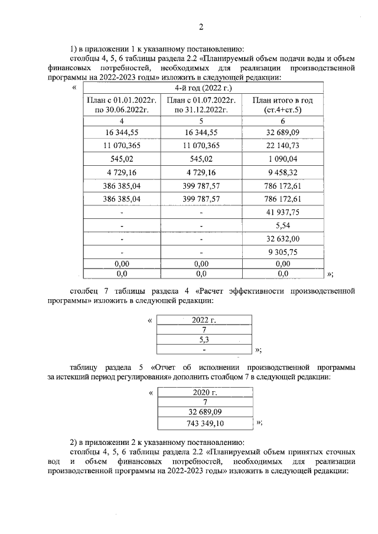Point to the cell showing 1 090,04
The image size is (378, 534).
tap(282, 159)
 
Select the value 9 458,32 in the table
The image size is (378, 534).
tap(282, 172)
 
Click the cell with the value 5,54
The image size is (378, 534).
tap(282, 225)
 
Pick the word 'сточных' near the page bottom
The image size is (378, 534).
tap(338, 452)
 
